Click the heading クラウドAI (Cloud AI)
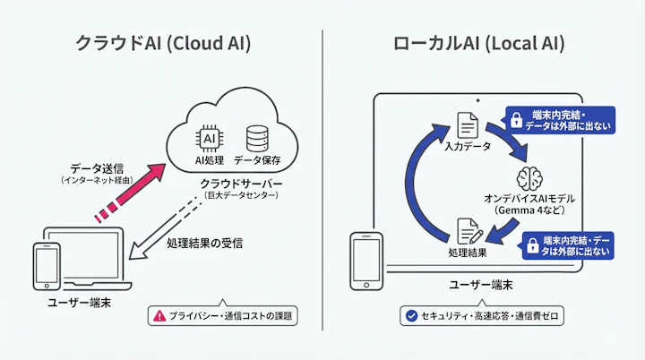point(162,43)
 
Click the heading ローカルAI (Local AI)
point(478,43)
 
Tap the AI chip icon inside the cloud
point(208,139)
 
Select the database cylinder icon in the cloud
point(256,139)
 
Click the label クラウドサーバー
point(241,183)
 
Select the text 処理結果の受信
point(204,243)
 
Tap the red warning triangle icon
point(159,315)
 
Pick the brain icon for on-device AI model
point(530,176)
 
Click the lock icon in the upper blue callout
point(516,120)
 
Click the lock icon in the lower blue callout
point(533,244)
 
